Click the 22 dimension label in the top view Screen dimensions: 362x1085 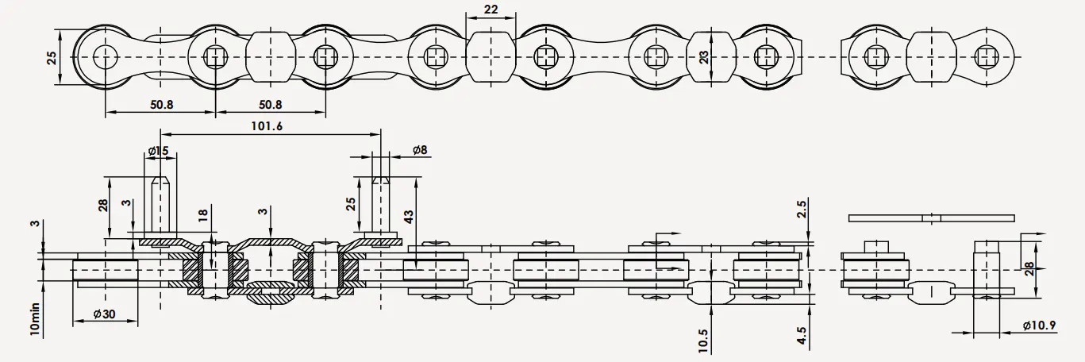491,10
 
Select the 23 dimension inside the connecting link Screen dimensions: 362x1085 702,56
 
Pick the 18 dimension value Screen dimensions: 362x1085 202,215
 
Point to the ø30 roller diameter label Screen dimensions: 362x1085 103,314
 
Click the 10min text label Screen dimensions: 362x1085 34,318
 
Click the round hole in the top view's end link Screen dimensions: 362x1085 105,56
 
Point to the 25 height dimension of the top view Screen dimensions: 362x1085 52,57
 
